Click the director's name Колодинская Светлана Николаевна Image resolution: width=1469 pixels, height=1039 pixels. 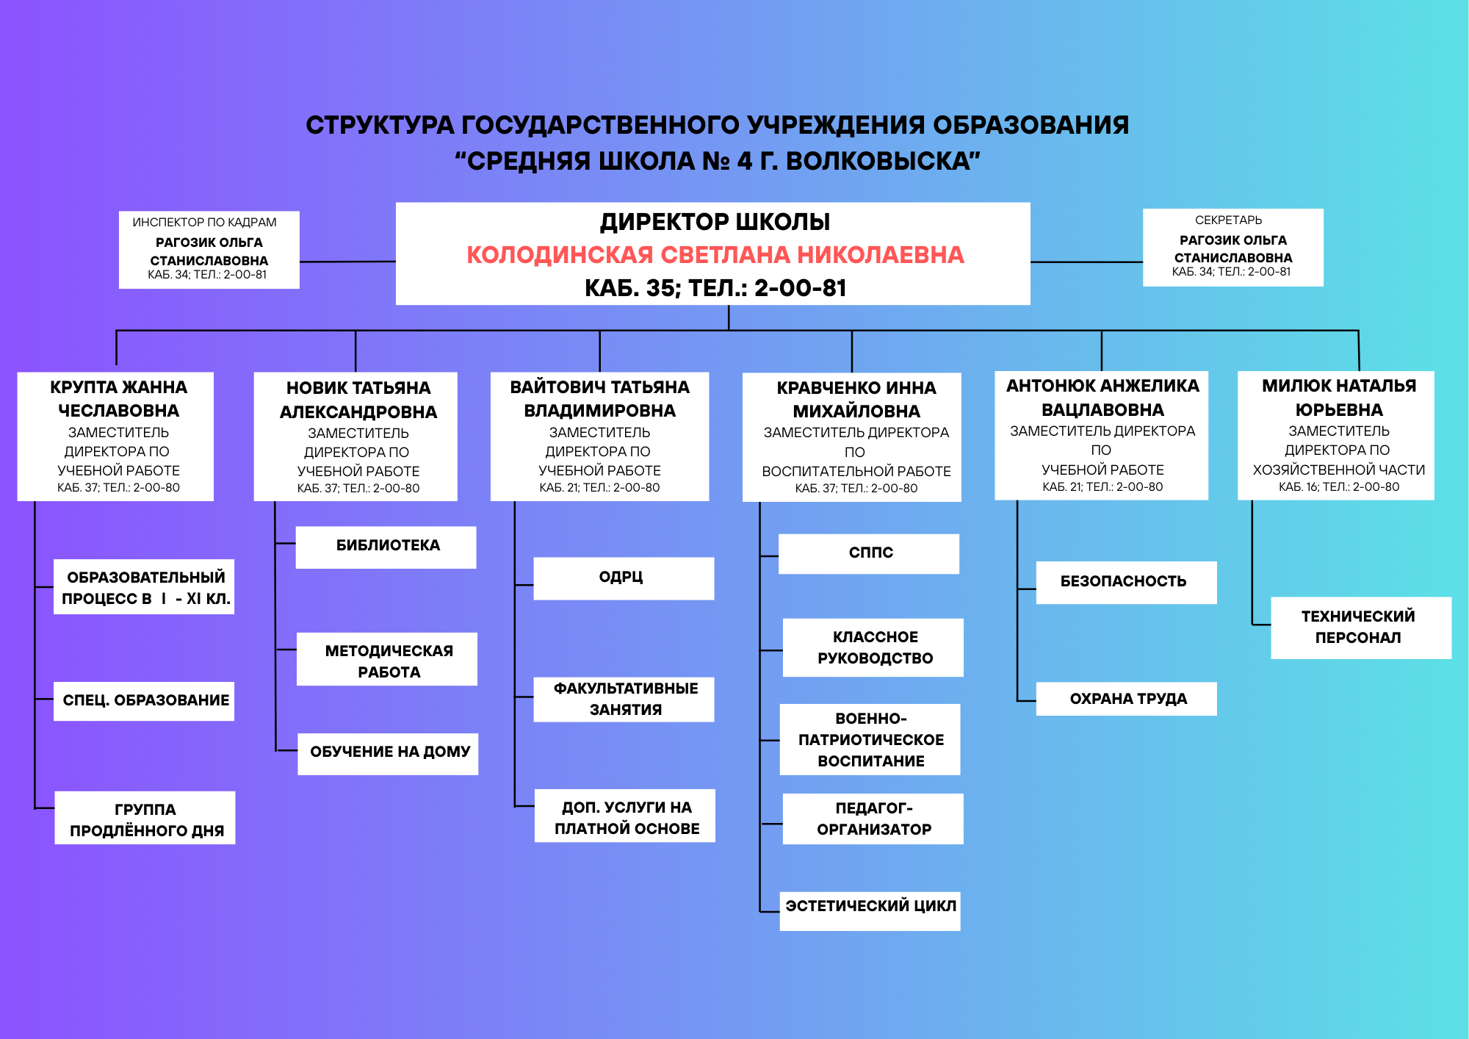(x=715, y=255)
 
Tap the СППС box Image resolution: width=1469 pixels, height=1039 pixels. (x=869, y=553)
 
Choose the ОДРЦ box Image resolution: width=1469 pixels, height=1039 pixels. (x=623, y=578)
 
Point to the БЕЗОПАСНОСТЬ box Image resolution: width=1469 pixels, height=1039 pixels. (x=1126, y=582)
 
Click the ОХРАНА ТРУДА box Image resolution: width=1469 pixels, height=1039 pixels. (x=1126, y=699)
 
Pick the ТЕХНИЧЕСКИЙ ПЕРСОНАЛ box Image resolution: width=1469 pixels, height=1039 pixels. (x=1360, y=628)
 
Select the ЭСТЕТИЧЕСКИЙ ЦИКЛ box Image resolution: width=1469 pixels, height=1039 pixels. (x=870, y=910)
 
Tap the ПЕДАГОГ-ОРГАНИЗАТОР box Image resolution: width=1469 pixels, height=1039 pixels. (x=873, y=819)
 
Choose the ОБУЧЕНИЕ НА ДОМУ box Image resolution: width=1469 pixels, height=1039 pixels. (x=388, y=753)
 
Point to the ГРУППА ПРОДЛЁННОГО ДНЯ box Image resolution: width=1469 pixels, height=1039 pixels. (x=145, y=818)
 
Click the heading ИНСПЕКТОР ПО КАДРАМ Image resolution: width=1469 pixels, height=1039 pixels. (x=204, y=223)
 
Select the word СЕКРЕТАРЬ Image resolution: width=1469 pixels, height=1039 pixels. (x=1228, y=220)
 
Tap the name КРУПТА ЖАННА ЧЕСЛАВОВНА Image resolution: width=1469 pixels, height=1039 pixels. (x=118, y=399)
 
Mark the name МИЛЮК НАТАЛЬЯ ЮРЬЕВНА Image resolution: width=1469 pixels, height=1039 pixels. (x=1338, y=398)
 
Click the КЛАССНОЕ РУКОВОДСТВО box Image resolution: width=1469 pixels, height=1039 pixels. (x=873, y=647)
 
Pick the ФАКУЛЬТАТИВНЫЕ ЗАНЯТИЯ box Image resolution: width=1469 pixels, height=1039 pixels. (x=624, y=700)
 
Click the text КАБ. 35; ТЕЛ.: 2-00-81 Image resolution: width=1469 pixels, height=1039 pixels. (x=715, y=288)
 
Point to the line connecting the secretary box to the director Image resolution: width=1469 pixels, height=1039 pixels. (x=1086, y=262)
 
